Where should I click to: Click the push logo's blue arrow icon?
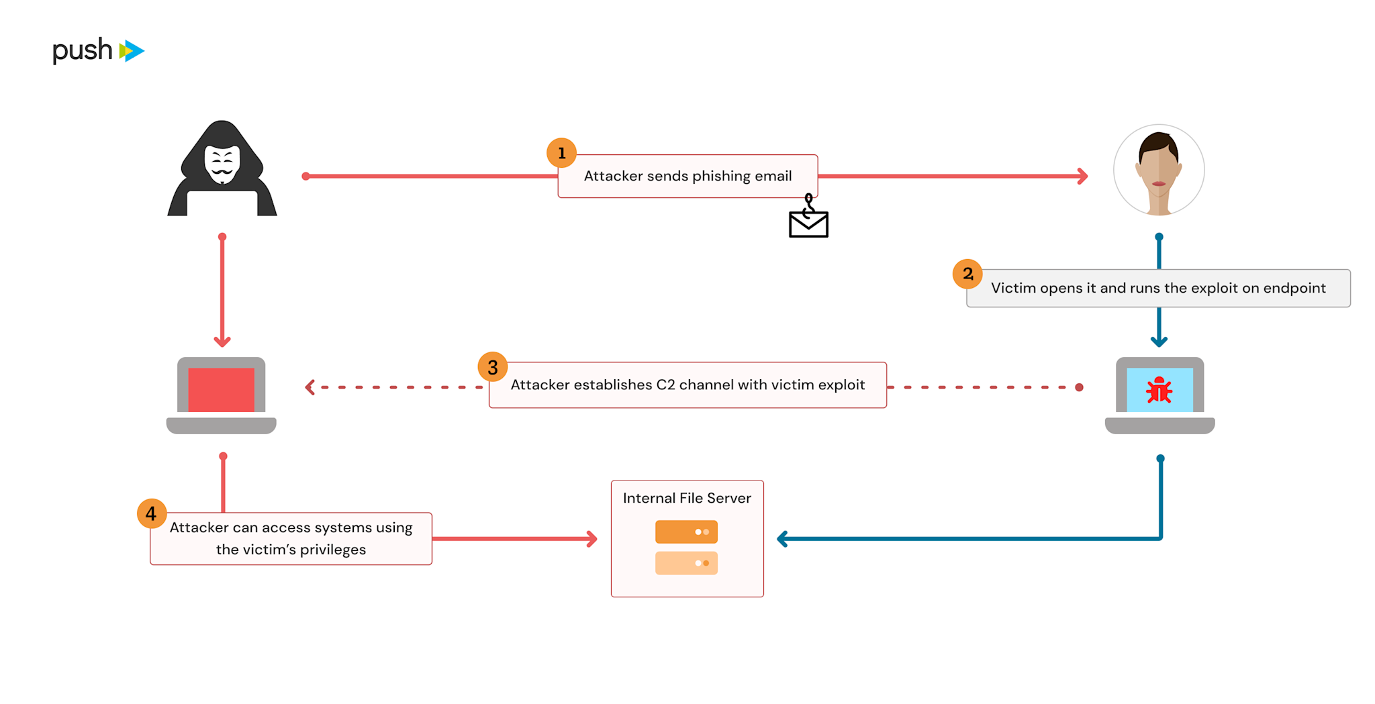pyautogui.click(x=132, y=51)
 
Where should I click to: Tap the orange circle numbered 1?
pyautogui.click(x=561, y=153)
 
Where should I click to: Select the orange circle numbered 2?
pyautogui.click(x=967, y=274)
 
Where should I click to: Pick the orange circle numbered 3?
pyautogui.click(x=492, y=367)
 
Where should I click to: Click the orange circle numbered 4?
pyautogui.click(x=151, y=513)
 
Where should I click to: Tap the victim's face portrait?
pyautogui.click(x=1158, y=169)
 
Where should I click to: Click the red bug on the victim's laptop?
pyautogui.click(x=1159, y=390)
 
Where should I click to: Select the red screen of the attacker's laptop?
pyautogui.click(x=221, y=389)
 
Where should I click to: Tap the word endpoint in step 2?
pyautogui.click(x=1294, y=288)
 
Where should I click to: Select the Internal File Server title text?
pyautogui.click(x=687, y=498)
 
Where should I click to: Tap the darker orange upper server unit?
pyautogui.click(x=686, y=532)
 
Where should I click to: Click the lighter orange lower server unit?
pyautogui.click(x=686, y=563)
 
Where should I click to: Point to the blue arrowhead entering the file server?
pyautogui.click(x=782, y=539)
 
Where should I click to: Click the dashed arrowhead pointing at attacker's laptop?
pyautogui.click(x=310, y=387)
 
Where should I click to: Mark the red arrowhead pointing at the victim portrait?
pyautogui.click(x=1082, y=177)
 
